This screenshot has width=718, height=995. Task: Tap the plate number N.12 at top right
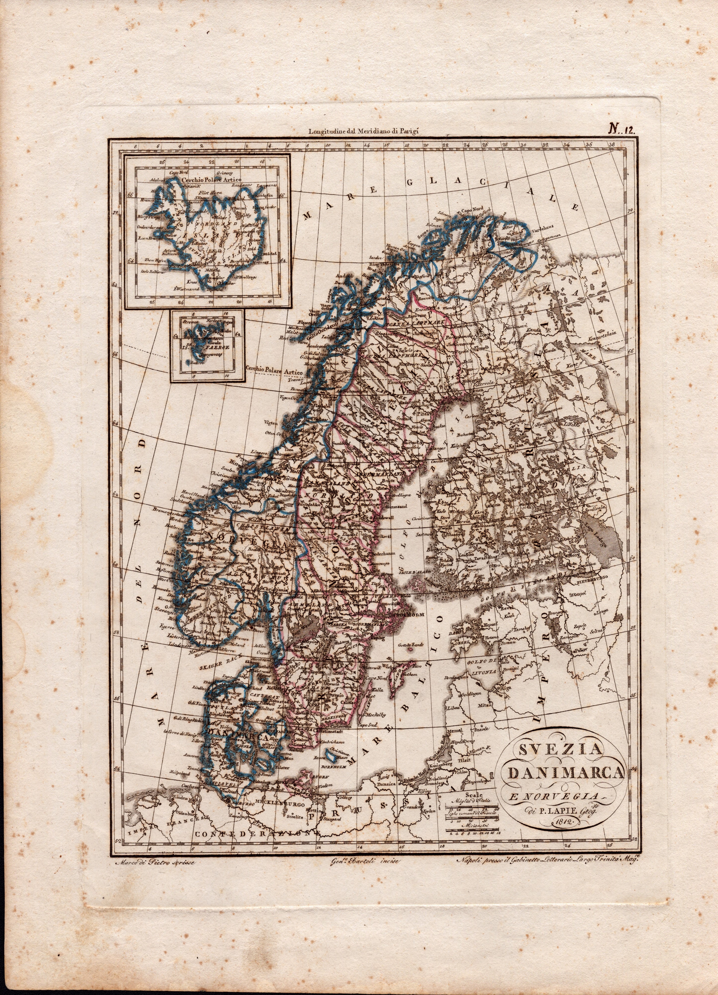pyautogui.click(x=623, y=129)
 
